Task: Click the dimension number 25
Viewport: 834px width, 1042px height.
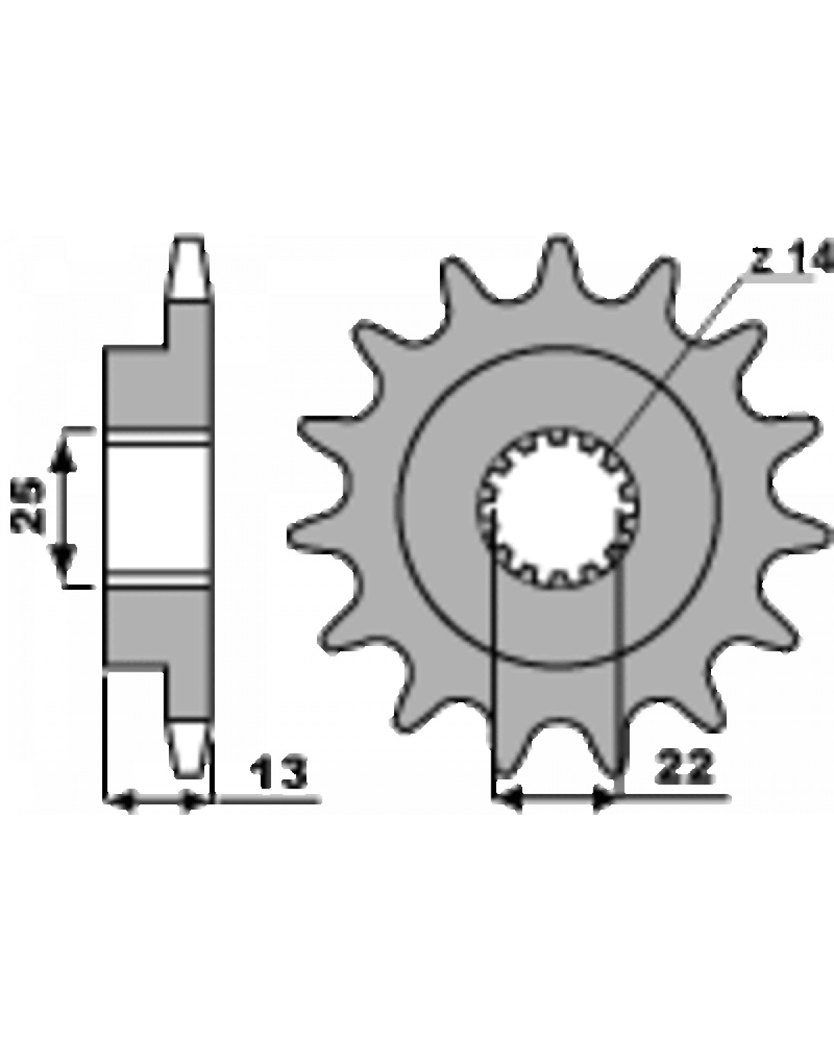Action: tap(28, 504)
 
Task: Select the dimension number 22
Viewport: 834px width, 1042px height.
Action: tap(685, 768)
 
